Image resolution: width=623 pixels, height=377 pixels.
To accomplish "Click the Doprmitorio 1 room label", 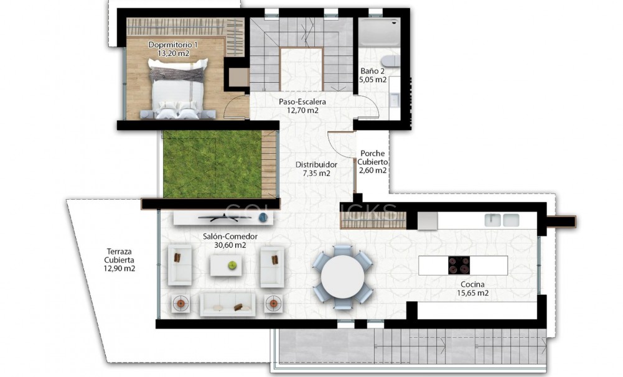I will (x=173, y=49).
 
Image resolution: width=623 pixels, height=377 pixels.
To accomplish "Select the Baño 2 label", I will (x=373, y=75).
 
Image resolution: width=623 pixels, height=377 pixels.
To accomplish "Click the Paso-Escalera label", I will (x=302, y=106).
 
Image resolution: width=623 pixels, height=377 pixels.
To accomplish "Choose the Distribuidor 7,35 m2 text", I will (x=316, y=169).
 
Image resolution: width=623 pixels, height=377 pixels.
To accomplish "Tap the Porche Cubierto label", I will (x=372, y=162).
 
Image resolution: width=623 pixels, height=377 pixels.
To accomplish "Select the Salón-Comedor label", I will (x=230, y=241).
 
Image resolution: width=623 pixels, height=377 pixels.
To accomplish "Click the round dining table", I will (x=343, y=276).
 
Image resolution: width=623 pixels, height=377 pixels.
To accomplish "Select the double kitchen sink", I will (x=502, y=220).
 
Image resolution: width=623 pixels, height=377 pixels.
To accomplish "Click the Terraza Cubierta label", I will (x=120, y=260).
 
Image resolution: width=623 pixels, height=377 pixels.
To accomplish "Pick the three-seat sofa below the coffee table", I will (x=227, y=304).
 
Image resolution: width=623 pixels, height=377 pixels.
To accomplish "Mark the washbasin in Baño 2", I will (x=395, y=100).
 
